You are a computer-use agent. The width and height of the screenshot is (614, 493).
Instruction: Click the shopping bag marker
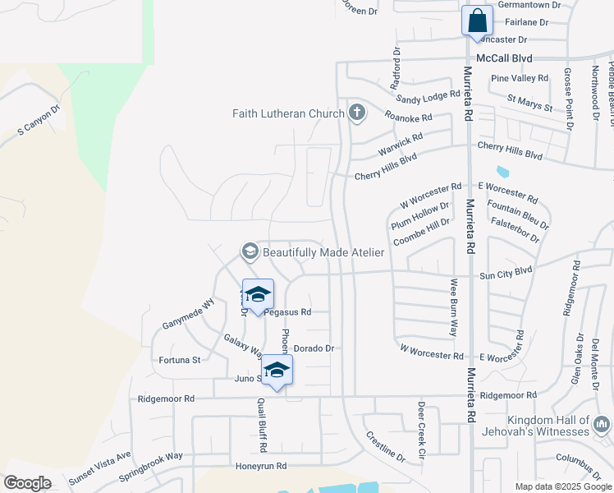click(x=477, y=21)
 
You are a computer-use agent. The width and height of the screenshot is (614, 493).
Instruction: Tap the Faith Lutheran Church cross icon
click(x=356, y=113)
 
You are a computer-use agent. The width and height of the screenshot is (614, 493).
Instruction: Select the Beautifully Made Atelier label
click(x=312, y=252)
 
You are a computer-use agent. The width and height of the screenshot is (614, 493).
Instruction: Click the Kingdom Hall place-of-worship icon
click(x=602, y=425)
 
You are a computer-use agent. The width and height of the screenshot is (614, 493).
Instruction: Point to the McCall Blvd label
click(x=505, y=58)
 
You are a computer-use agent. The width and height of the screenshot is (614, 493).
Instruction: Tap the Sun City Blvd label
click(x=506, y=270)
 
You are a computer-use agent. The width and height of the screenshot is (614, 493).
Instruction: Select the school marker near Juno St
click(x=277, y=371)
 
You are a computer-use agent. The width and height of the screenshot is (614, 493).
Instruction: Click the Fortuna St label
click(x=179, y=360)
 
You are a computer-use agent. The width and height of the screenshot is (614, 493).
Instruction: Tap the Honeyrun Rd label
click(x=260, y=466)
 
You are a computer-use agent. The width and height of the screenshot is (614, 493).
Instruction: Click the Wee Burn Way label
click(x=452, y=307)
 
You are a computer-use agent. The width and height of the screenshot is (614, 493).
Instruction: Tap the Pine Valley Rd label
click(x=519, y=78)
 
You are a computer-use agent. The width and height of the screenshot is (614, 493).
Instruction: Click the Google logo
click(x=27, y=483)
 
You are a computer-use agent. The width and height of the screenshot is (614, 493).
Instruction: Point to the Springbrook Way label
click(x=150, y=468)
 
